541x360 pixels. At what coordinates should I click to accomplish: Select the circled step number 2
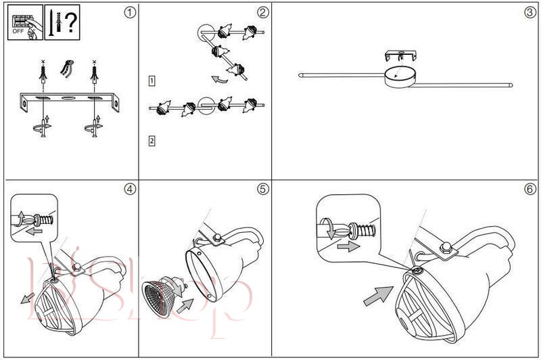[x=262, y=12]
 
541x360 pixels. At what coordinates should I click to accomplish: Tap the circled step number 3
[x=530, y=12]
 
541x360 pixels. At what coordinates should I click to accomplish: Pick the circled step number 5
[x=262, y=189]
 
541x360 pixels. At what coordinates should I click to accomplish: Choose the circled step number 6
[x=530, y=189]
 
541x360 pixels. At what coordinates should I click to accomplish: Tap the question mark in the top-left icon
[x=70, y=21]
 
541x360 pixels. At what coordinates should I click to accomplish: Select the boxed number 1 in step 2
[x=152, y=81]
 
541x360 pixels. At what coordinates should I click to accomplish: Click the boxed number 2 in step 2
[x=152, y=141]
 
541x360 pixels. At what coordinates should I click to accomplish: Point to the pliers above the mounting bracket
[x=66, y=68]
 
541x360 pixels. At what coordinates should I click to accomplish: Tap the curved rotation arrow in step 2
[x=218, y=80]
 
